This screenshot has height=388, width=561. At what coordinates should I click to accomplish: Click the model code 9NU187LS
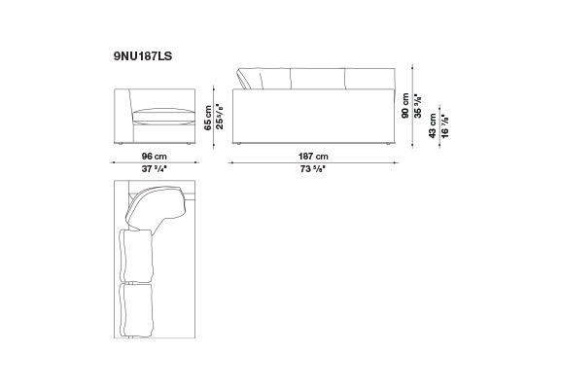(143, 56)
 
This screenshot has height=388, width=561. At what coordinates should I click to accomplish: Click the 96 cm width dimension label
(155, 157)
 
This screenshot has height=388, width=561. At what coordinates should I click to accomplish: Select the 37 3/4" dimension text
(155, 169)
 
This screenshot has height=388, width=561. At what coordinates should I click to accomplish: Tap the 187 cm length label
(313, 157)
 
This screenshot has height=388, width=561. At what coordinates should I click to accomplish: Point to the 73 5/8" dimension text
(313, 169)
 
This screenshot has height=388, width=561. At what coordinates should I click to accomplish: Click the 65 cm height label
(208, 118)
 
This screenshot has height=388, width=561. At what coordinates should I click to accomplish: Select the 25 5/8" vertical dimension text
(220, 117)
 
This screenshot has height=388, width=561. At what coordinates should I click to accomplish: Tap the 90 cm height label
(405, 106)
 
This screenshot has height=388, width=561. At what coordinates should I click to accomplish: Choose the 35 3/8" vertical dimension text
(417, 106)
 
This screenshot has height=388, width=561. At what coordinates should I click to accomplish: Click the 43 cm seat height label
(433, 125)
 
